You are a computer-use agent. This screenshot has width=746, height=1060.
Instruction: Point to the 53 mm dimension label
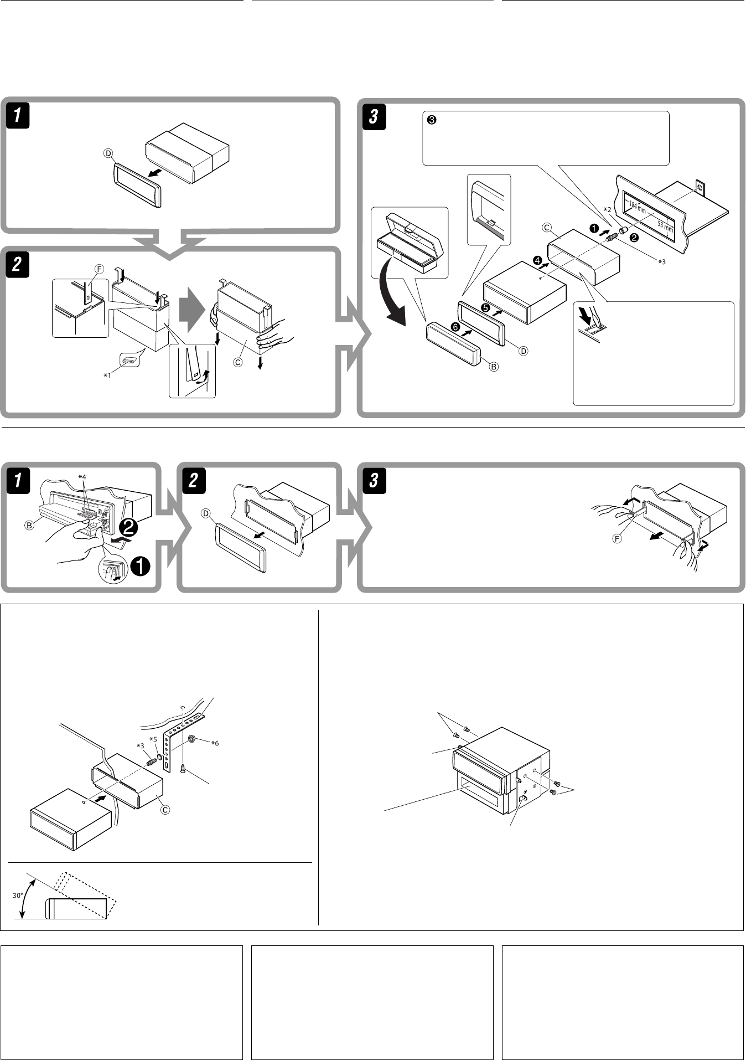click(x=666, y=226)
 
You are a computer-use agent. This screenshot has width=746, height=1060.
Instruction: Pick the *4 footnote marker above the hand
click(x=82, y=476)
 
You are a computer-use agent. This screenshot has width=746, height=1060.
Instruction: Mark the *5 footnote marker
click(x=153, y=739)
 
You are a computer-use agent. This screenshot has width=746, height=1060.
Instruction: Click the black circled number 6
click(x=455, y=328)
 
